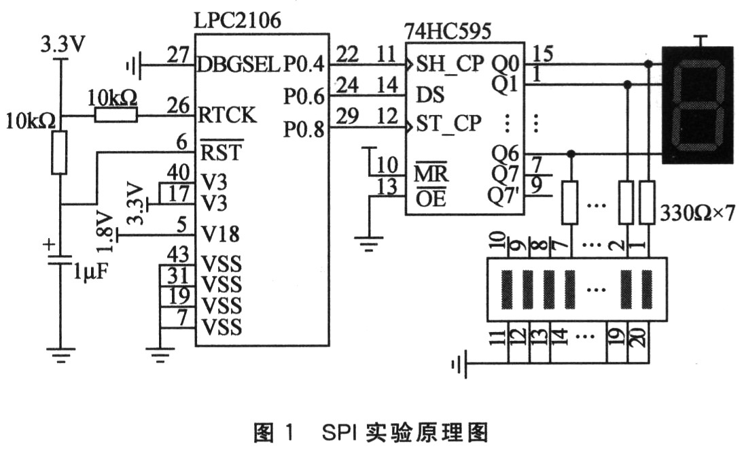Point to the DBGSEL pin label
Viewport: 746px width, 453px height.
238,65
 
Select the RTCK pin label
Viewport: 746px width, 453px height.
227,116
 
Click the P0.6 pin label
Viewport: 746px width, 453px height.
304,97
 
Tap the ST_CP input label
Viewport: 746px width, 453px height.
449,124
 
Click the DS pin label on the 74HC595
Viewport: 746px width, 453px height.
425,95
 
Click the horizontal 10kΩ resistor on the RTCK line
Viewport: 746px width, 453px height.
116,116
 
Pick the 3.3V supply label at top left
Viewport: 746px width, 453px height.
63,46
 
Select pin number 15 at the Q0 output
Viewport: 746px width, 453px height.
543,52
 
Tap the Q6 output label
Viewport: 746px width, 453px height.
505,153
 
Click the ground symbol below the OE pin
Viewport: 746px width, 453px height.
369,242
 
